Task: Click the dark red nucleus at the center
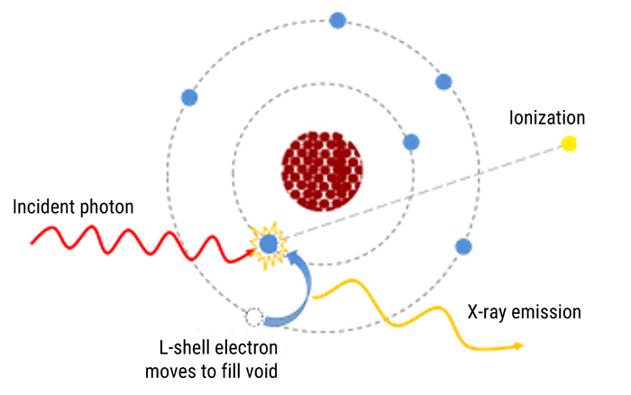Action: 324,167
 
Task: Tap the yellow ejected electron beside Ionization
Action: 569,142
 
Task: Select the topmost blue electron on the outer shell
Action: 338,20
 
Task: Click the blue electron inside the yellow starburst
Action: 268,243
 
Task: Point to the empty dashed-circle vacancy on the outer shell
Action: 254,317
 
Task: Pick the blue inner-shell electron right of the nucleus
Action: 411,142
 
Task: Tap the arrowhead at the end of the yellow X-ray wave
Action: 518,345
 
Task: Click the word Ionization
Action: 547,118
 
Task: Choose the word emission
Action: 549,313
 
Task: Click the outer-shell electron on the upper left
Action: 189,97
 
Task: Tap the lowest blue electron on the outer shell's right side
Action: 463,246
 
